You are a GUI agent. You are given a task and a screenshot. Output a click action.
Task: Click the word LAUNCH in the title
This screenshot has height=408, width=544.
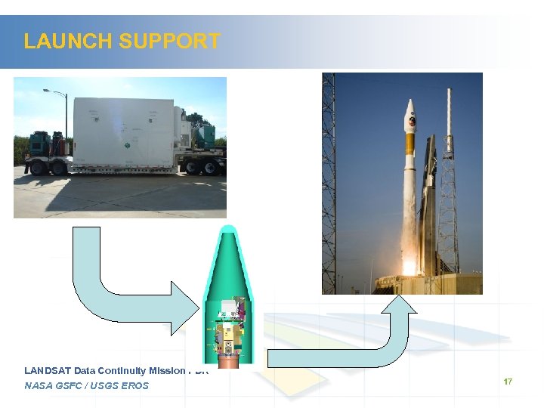63,41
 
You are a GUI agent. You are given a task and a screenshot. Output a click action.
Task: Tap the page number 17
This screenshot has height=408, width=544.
508,382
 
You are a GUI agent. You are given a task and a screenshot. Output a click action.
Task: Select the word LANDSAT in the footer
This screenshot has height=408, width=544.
47,370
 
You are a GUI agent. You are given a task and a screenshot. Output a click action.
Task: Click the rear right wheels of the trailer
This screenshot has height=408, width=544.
200,167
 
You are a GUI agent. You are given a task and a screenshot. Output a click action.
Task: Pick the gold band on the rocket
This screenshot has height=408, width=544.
410,143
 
